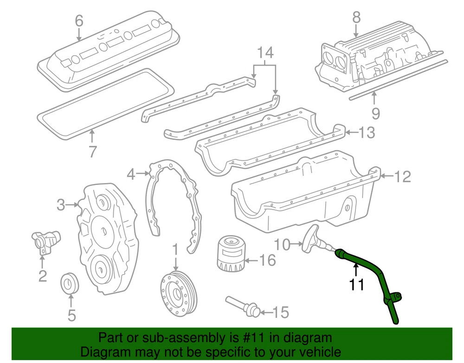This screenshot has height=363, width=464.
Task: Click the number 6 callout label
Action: click(x=79, y=20)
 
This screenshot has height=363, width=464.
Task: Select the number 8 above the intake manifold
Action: click(x=356, y=18)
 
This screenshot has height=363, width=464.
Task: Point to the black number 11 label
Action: click(x=356, y=284)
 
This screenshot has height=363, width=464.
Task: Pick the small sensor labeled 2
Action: click(x=42, y=240)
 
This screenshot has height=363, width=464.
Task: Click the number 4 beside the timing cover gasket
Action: click(x=132, y=175)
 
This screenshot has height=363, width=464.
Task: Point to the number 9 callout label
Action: click(x=375, y=113)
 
